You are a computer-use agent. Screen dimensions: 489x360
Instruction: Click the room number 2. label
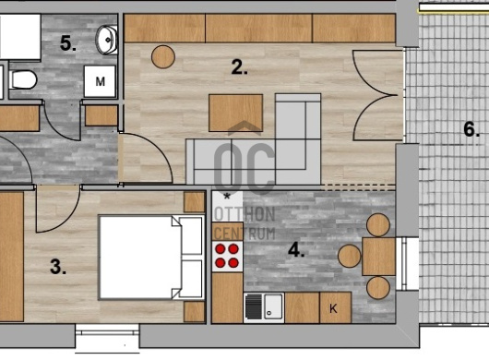pyautogui.click(x=239, y=67)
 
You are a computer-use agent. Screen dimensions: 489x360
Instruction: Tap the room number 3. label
pyautogui.click(x=58, y=267)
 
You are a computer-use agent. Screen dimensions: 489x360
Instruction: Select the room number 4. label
pyautogui.click(x=296, y=249)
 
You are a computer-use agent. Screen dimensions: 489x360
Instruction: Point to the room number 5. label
pyautogui.click(x=68, y=43)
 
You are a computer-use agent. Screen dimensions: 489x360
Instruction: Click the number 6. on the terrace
pyautogui.click(x=471, y=129)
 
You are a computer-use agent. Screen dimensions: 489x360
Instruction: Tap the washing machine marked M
pyautogui.click(x=100, y=81)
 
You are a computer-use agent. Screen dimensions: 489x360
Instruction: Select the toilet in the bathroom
pyautogui.click(x=22, y=79)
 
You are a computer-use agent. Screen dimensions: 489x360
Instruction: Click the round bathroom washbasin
pyautogui.click(x=107, y=40)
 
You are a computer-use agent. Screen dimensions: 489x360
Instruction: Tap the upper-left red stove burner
pyautogui.click(x=221, y=249)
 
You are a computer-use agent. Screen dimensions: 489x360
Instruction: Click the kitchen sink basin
pyautogui.click(x=273, y=306)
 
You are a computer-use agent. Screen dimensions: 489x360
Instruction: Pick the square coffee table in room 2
pyautogui.click(x=236, y=113)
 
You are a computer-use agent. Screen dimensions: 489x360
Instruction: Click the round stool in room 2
pyautogui.click(x=163, y=57)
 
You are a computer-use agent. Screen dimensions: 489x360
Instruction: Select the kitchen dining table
pyautogui.click(x=378, y=257)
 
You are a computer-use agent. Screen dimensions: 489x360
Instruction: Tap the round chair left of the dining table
pyautogui.click(x=350, y=256)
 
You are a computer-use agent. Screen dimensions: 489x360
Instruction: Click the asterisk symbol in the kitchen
pyautogui.click(x=227, y=197)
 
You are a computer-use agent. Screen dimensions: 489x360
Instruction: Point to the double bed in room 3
pyautogui.click(x=151, y=258)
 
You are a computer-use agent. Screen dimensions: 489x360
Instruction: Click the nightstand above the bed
pyautogui.click(x=194, y=202)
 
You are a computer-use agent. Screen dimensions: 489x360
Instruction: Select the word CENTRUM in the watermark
pyautogui.click(x=245, y=234)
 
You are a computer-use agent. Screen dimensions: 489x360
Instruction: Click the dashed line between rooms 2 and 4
pyautogui.click(x=358, y=187)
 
